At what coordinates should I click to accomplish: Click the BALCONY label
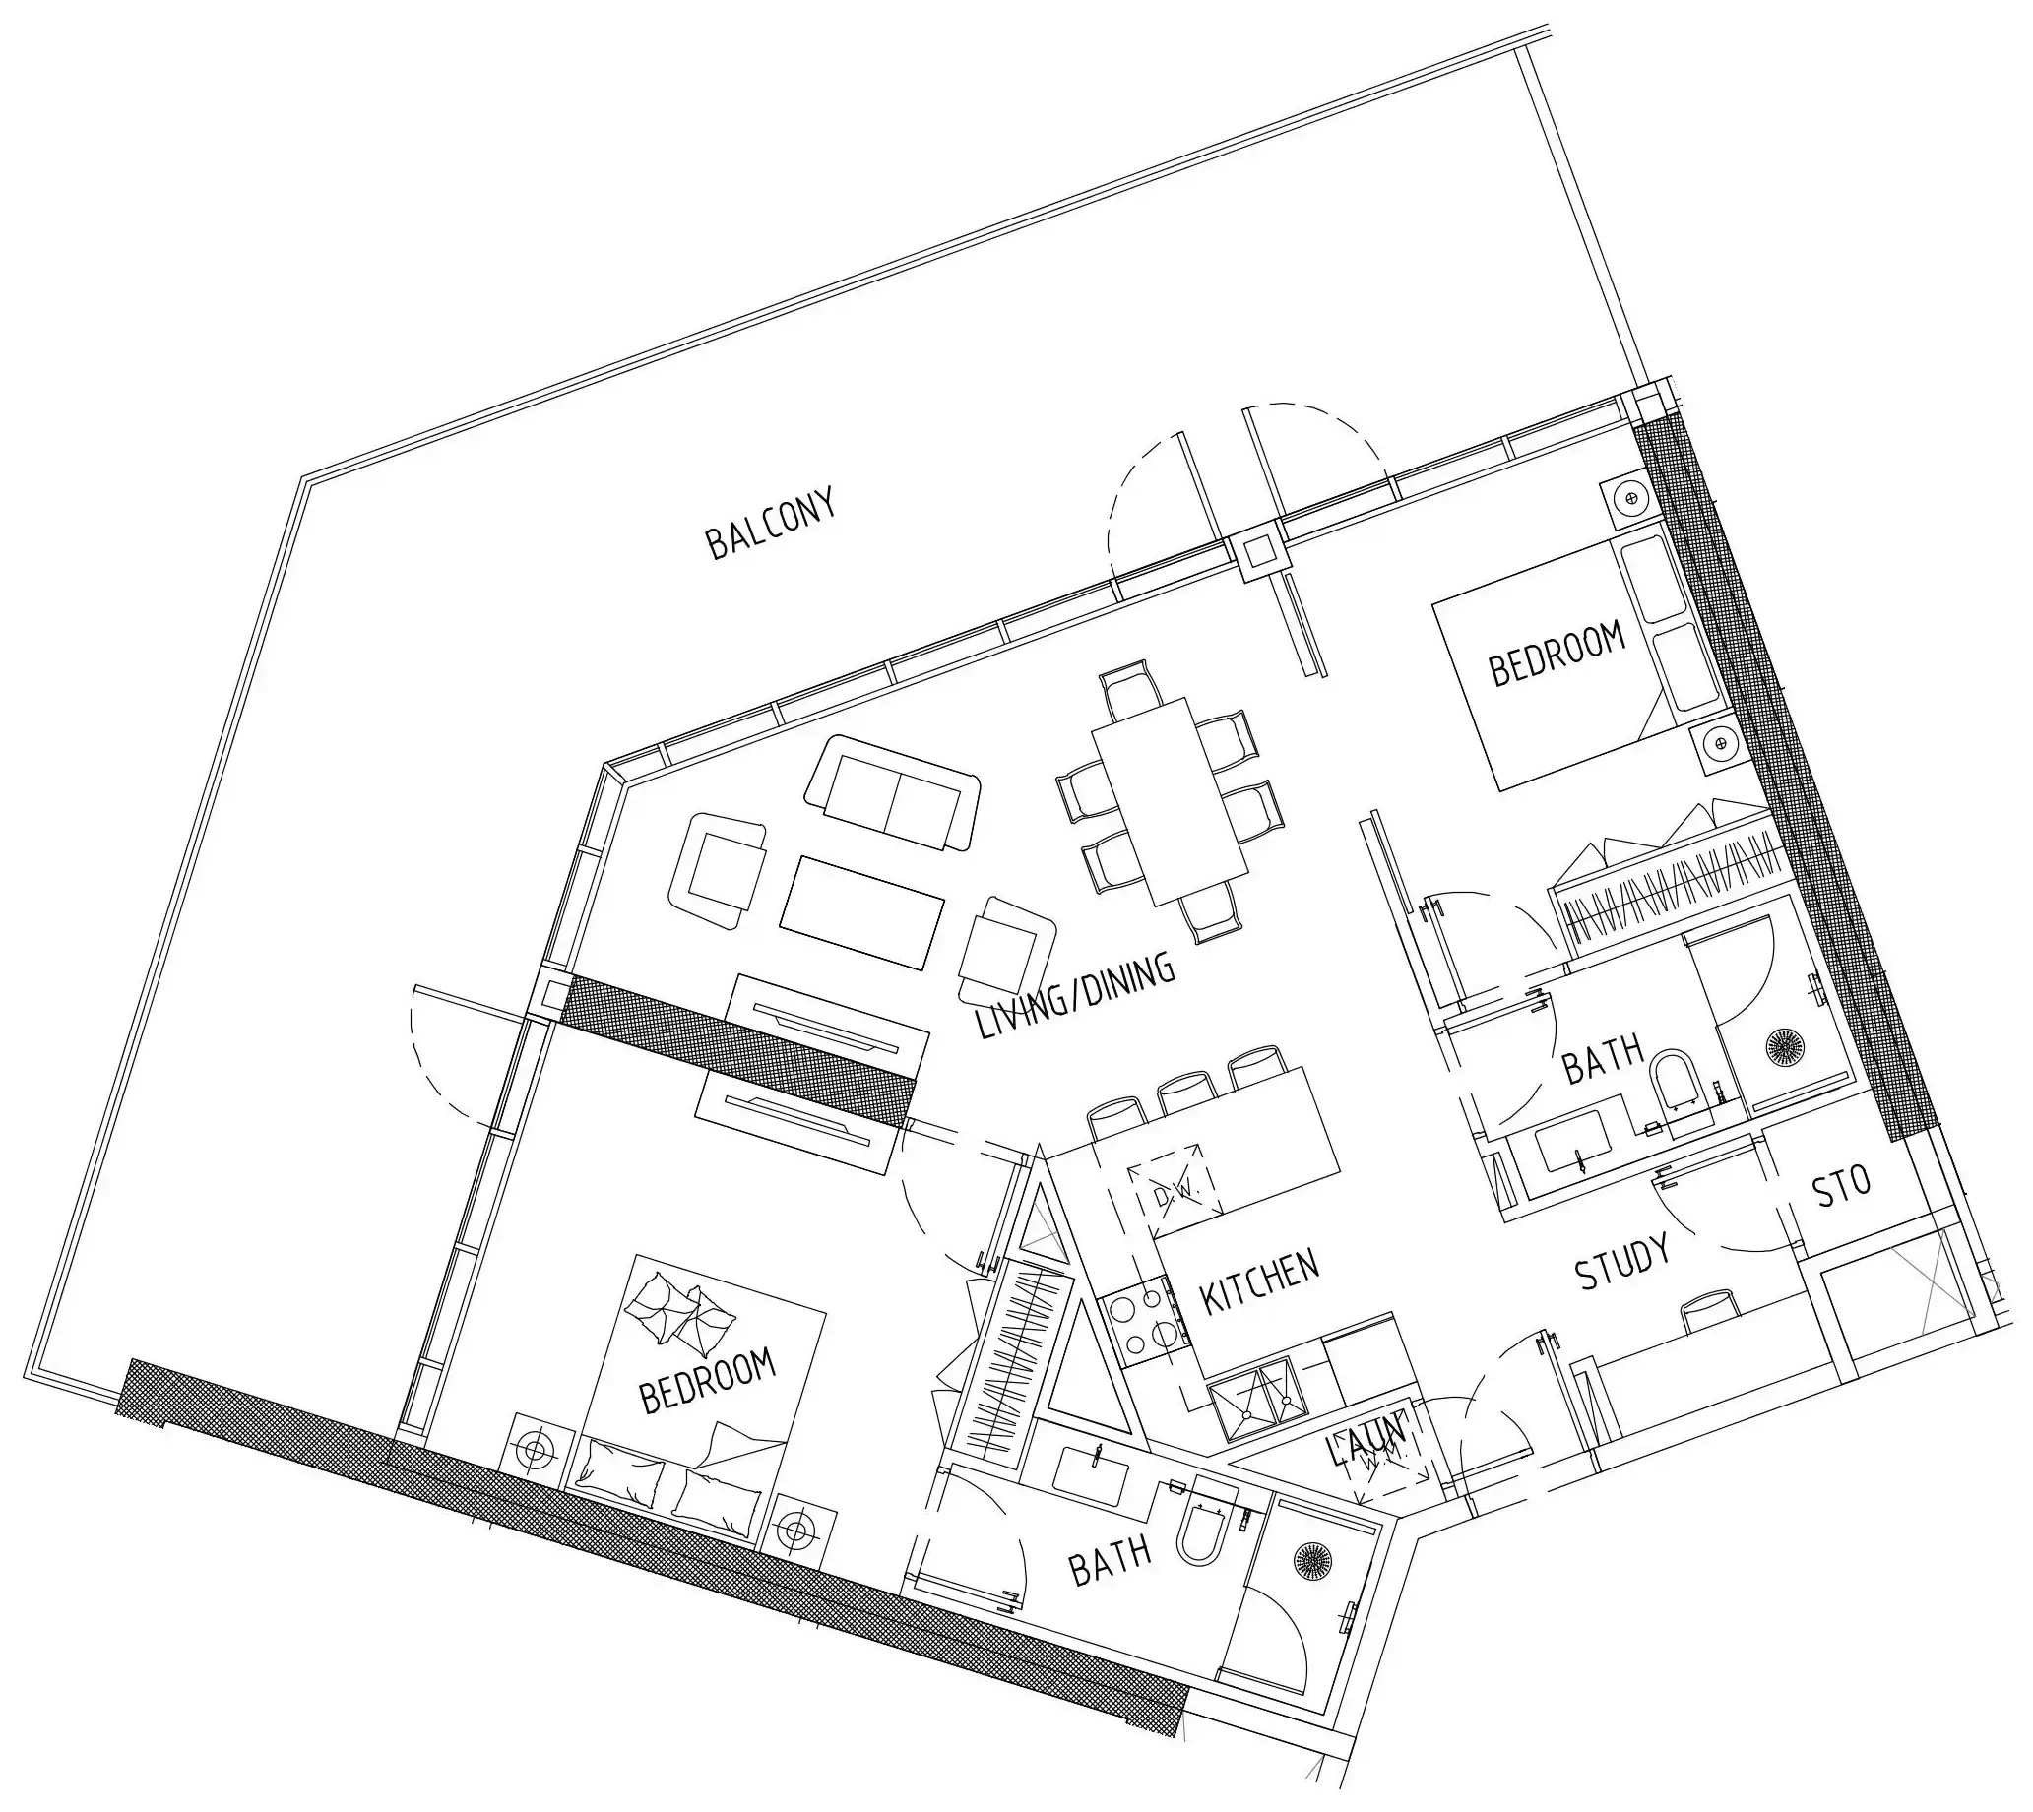(x=770, y=524)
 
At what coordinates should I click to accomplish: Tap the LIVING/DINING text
(x=1075, y=996)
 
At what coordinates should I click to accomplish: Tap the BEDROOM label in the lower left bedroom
(x=708, y=1380)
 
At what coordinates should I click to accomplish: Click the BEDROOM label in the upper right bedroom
(x=1557, y=654)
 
